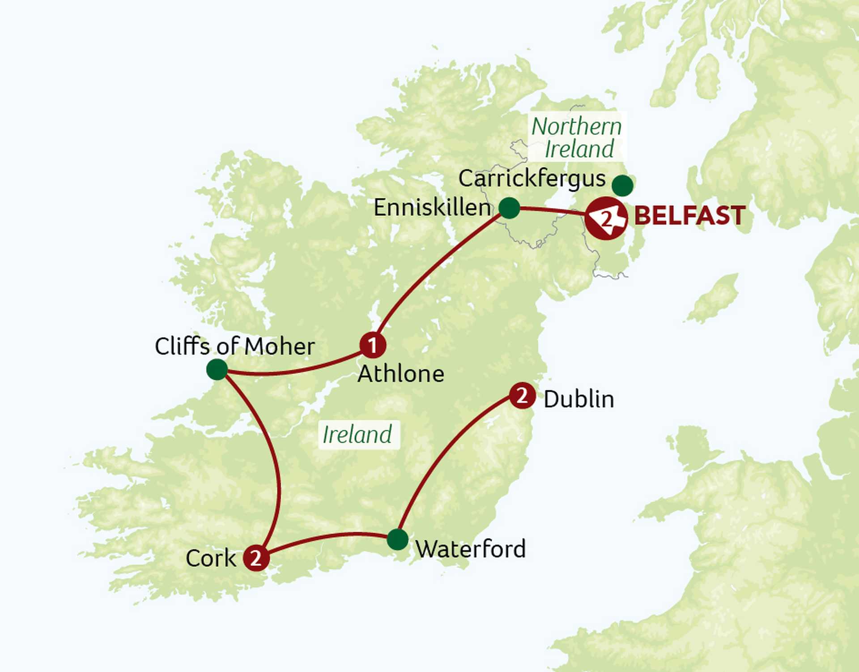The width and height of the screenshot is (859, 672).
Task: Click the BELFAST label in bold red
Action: point(689,216)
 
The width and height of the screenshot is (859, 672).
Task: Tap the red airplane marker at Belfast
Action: point(606,218)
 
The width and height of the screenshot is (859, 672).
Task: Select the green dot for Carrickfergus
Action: point(622,185)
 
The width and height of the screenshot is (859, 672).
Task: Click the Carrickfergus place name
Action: point(532,179)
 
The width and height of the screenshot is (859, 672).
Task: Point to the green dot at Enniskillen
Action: point(509,208)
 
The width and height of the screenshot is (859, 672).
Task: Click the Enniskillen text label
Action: point(432,208)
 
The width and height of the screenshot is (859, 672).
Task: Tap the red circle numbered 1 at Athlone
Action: point(373,345)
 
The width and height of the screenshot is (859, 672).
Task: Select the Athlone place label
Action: point(401,374)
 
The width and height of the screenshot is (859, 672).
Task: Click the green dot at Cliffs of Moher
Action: point(217,370)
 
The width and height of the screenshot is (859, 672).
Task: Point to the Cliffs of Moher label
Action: point(235,347)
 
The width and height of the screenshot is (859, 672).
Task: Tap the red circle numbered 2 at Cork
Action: point(256,558)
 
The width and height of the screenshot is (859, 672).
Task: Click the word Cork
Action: point(211,558)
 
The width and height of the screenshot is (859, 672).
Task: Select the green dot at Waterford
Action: point(397,539)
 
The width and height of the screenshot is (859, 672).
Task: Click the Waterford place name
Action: point(471,549)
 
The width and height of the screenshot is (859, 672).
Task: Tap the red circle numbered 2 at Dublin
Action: point(522,396)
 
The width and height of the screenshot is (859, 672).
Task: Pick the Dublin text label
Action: point(579,399)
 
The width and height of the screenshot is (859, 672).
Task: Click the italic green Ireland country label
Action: point(357,435)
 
